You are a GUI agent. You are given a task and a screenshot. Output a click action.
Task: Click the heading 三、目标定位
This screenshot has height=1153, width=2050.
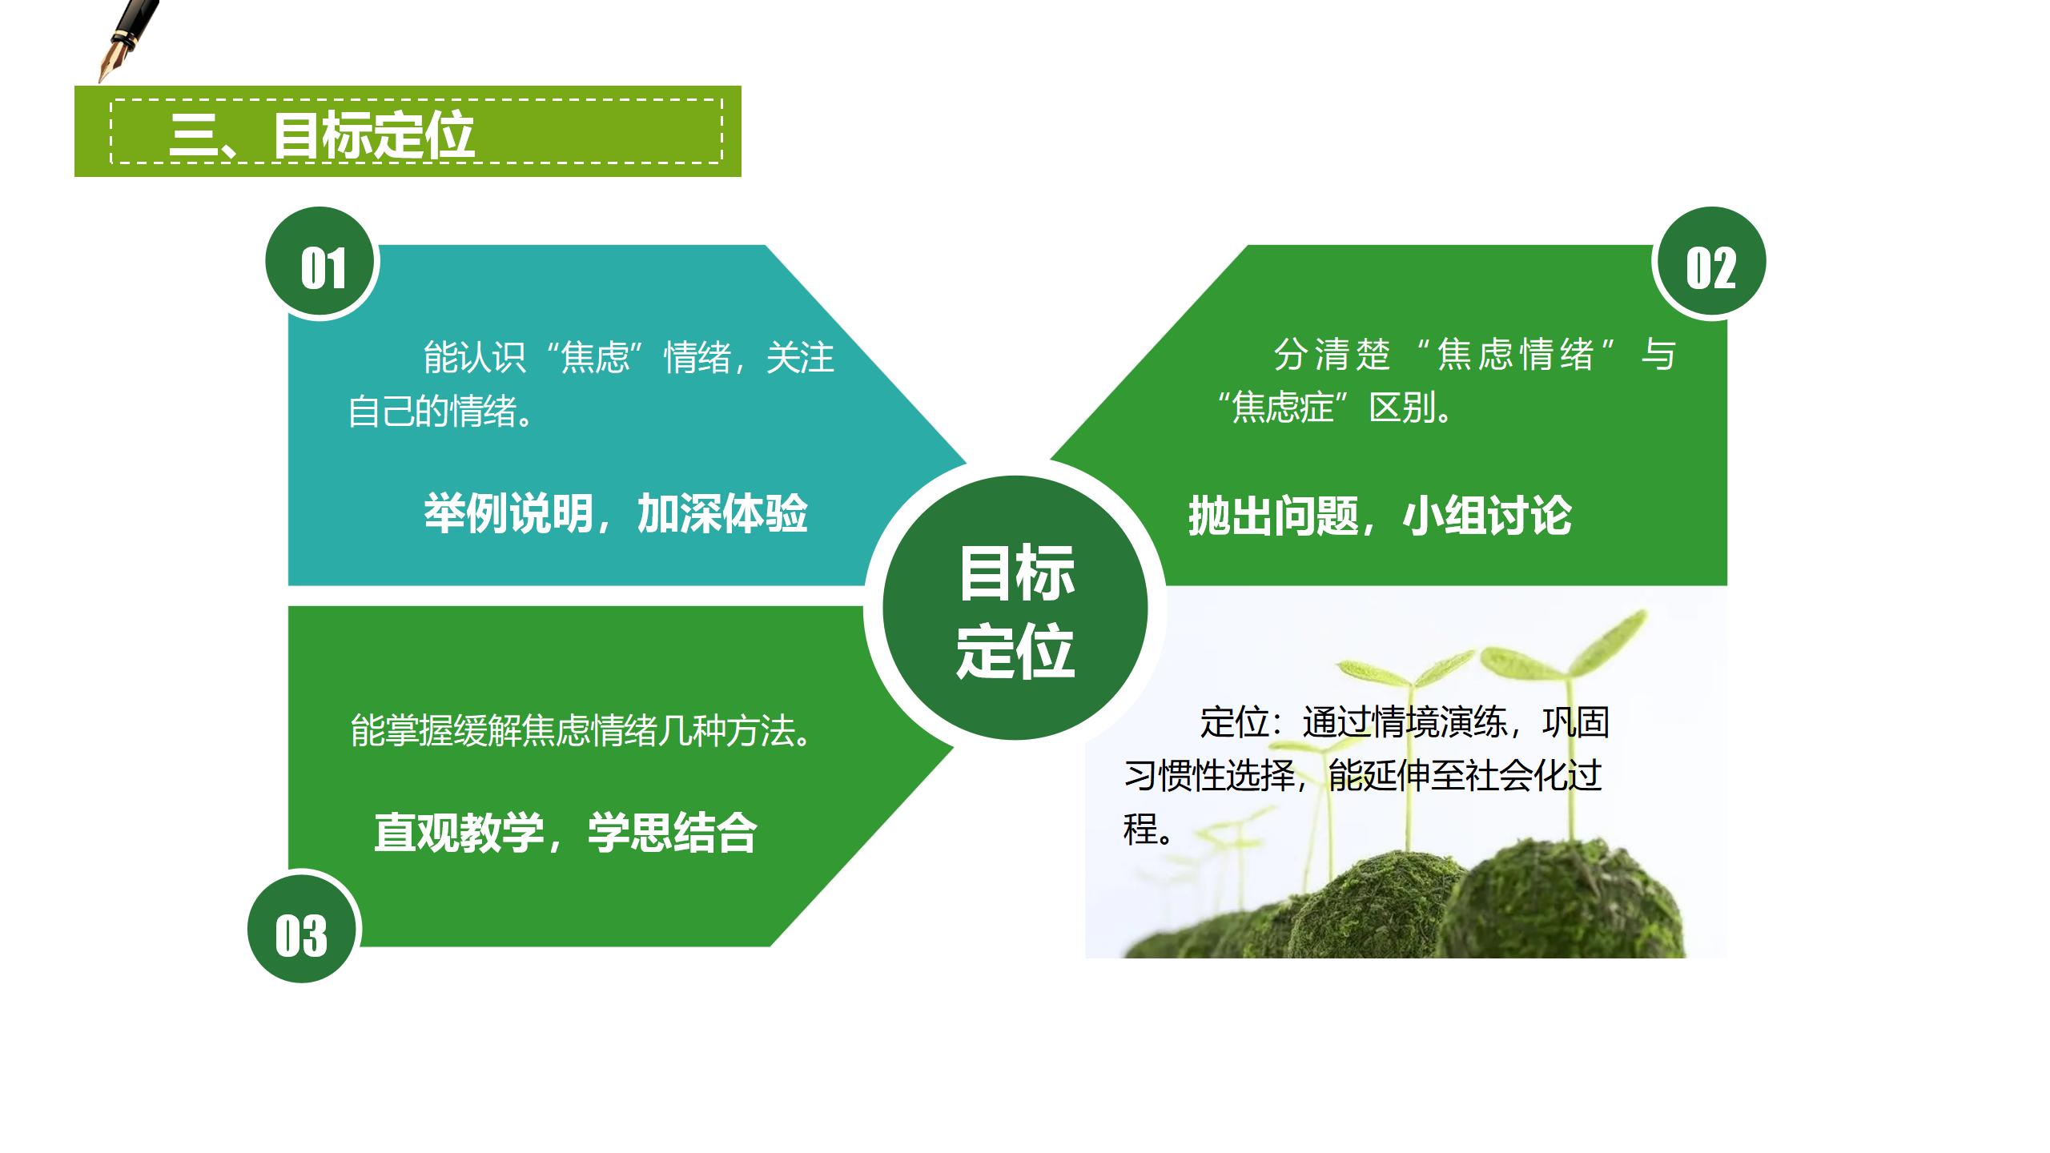(x=322, y=134)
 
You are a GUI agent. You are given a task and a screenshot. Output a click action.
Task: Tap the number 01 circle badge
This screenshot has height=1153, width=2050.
(x=323, y=263)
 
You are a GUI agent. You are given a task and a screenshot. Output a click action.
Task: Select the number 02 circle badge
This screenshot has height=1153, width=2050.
(x=1710, y=263)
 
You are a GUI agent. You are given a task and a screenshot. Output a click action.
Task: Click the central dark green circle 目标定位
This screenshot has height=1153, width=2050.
(x=1015, y=609)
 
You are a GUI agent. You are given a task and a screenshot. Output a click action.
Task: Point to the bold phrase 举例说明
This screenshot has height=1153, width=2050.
(x=508, y=513)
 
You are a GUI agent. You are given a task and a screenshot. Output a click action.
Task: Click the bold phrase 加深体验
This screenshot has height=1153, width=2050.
(x=722, y=513)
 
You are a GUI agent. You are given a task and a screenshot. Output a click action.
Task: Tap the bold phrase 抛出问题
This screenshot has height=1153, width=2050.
(x=1273, y=516)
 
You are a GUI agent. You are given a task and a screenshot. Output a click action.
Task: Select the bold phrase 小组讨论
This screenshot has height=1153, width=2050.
(x=1487, y=516)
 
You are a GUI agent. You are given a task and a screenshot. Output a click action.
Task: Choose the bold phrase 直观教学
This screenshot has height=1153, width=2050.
(x=459, y=833)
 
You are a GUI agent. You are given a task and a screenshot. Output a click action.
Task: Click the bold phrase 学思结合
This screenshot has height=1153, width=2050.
(x=673, y=833)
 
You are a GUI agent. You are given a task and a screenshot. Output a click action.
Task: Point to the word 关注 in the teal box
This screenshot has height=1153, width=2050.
(x=800, y=357)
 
